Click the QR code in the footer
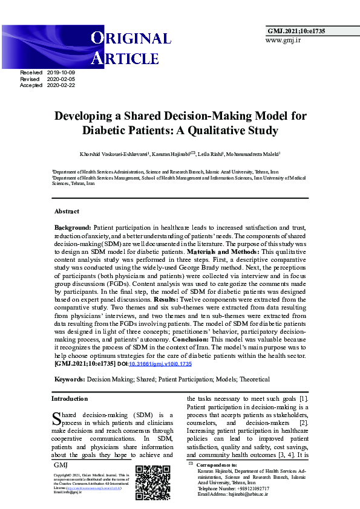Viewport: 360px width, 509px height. pyautogui.click(x=152, y=482)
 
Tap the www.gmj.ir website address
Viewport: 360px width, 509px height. pyautogui.click(x=283, y=41)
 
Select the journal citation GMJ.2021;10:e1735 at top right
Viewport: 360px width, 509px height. pyautogui.click(x=296, y=30)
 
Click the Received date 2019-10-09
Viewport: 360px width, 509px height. pyautogui.click(x=64, y=72)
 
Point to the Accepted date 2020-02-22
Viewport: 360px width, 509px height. pyautogui.click(x=64, y=85)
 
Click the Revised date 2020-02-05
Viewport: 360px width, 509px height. pyautogui.click(x=64, y=79)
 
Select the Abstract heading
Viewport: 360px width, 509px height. pyautogui.click(x=67, y=212)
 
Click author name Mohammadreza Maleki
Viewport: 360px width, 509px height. pyautogui.click(x=254, y=154)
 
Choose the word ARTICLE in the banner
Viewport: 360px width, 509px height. pyautogui.click(x=125, y=58)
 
